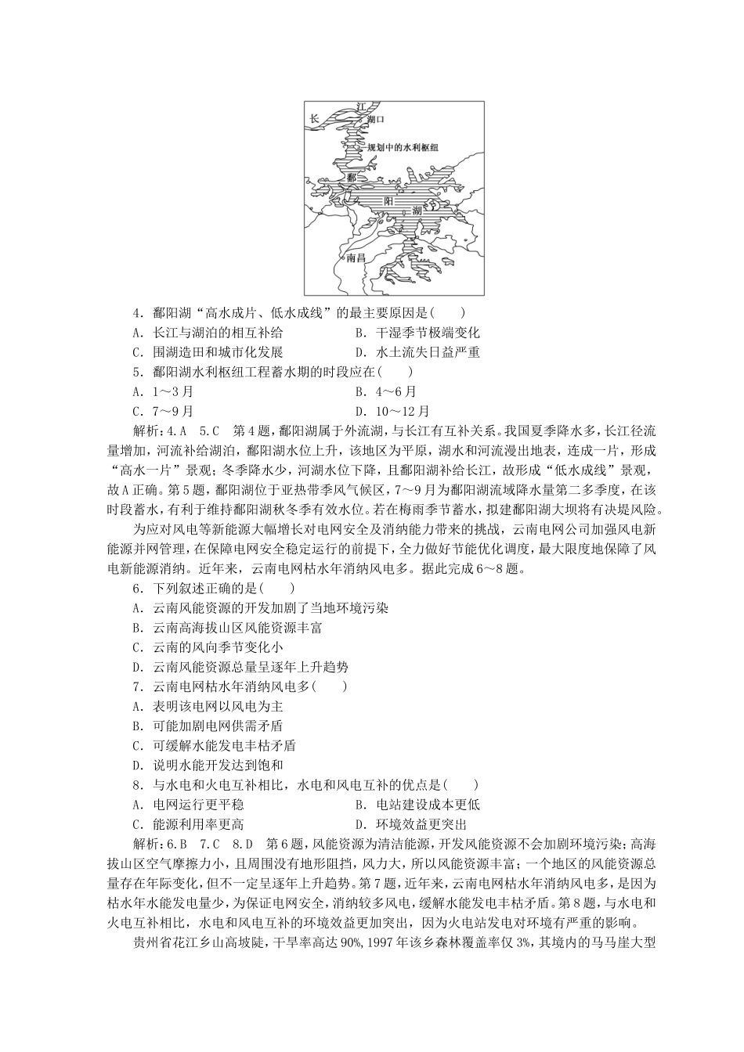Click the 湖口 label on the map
click(x=377, y=120)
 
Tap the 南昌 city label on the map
click(x=356, y=258)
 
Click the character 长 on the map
click(x=314, y=119)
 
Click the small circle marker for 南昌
click(x=341, y=257)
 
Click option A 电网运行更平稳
click(x=188, y=804)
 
